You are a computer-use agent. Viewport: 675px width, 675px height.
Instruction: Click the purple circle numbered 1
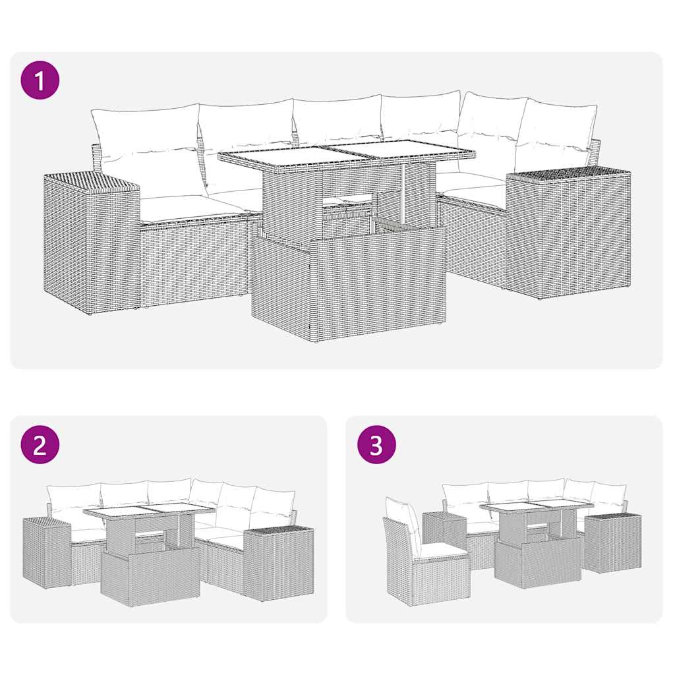click(40, 81)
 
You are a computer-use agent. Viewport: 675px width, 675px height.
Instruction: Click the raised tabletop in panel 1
click(346, 156)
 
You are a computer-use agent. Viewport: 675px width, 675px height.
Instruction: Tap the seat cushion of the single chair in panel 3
click(440, 550)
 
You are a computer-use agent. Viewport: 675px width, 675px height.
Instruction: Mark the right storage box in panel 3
click(612, 543)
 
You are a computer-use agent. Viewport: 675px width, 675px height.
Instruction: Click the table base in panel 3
click(537, 562)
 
